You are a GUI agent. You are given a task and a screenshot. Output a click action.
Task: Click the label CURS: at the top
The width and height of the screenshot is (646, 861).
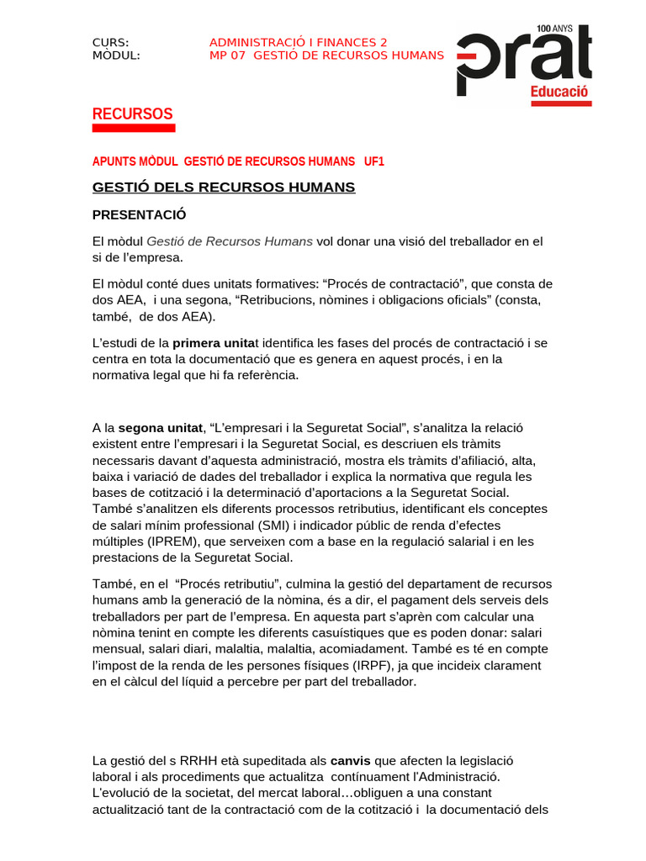tap(110, 43)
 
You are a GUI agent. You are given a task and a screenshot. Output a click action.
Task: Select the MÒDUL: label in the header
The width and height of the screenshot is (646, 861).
tap(116, 55)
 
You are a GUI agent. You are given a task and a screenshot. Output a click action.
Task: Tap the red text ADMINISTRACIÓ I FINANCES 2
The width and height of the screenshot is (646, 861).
tap(298, 43)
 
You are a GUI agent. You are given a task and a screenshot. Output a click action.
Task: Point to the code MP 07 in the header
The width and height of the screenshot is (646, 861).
tap(227, 55)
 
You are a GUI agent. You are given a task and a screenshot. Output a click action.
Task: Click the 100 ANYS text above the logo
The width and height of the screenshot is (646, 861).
tap(554, 29)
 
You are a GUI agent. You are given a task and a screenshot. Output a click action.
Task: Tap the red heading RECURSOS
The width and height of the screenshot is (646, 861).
tap(132, 114)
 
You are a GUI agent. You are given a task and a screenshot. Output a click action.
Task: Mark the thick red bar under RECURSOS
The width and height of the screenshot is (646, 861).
tap(133, 128)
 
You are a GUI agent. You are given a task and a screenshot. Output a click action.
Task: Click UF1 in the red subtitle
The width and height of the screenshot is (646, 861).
tap(374, 161)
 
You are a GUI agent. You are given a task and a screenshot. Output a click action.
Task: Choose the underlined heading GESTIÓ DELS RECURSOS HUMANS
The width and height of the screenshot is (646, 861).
tap(223, 187)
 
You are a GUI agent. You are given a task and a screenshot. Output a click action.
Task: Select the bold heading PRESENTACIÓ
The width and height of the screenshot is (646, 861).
tap(139, 214)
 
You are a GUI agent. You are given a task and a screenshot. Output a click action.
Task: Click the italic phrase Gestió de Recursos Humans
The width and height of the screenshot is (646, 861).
tap(230, 241)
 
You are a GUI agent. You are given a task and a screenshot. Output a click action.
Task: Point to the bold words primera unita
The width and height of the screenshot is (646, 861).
tap(213, 343)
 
